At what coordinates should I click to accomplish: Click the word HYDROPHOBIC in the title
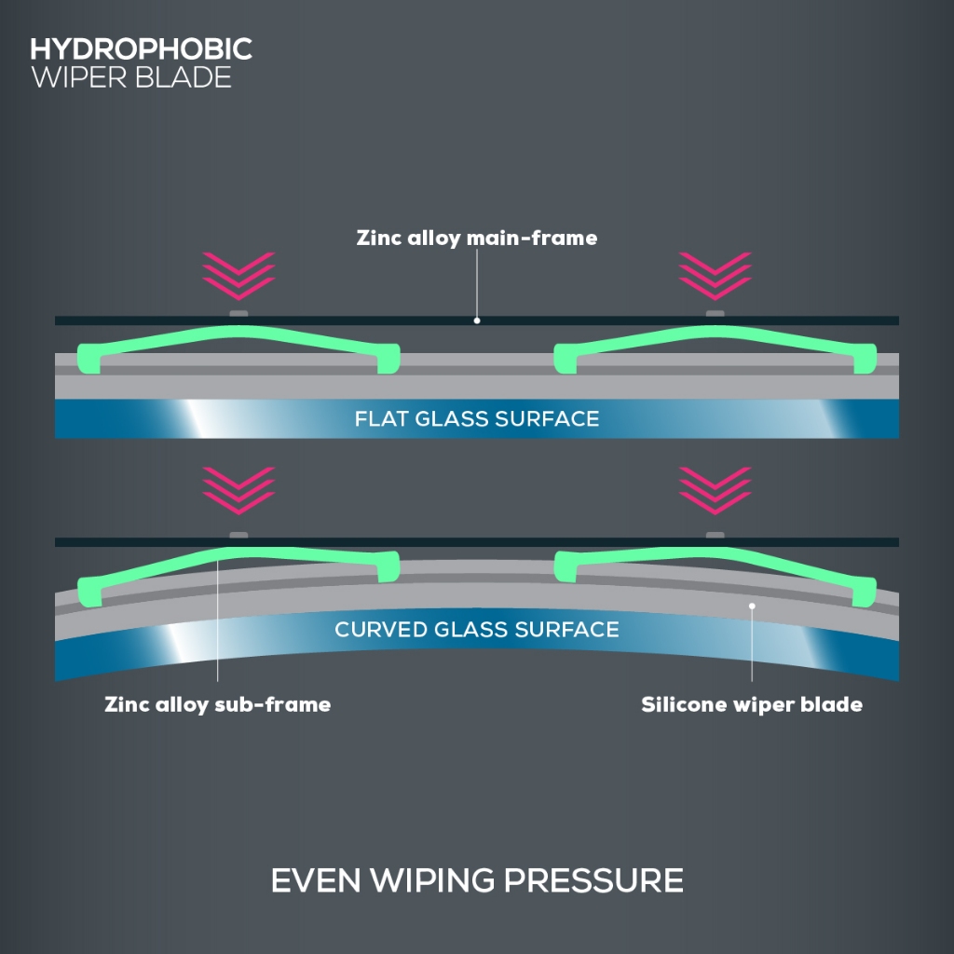142,49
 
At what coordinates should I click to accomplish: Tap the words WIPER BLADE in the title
131,77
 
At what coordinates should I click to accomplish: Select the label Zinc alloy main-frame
476,238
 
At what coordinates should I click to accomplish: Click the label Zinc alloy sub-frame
217,704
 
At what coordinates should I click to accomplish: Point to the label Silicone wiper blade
751,704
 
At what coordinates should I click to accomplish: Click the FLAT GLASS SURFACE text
476,418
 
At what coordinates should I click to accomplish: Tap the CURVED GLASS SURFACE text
476,630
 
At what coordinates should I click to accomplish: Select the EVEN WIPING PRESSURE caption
476,880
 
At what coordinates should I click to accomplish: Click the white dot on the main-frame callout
476,320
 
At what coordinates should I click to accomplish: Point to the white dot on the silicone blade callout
752,606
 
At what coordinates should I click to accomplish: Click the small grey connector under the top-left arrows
238,312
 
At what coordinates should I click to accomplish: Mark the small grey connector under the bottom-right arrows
715,534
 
